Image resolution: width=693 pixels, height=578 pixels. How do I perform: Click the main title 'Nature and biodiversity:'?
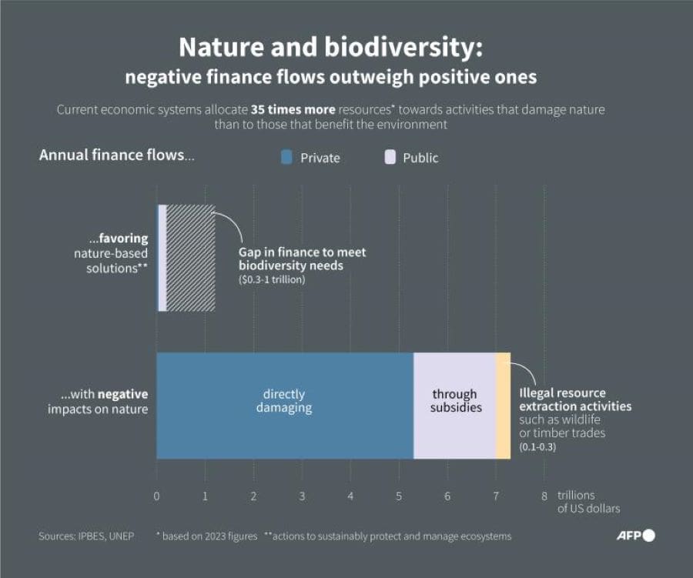point(331,48)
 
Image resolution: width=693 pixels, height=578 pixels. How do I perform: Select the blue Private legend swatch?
point(287,158)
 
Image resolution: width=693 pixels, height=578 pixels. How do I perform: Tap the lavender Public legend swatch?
point(390,158)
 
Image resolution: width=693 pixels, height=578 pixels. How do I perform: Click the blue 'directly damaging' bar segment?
point(285,406)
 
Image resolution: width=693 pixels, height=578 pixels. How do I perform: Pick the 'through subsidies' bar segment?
point(455,406)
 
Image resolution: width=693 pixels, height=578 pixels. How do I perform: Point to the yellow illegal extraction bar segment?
point(503,406)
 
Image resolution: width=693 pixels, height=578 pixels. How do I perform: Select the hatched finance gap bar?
point(190,258)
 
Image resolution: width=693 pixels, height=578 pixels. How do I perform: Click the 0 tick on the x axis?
point(156,496)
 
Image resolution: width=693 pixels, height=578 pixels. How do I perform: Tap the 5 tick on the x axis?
point(399,496)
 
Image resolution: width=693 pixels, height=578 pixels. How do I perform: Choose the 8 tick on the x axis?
point(544,496)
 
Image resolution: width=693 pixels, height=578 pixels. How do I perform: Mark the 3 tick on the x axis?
point(302,496)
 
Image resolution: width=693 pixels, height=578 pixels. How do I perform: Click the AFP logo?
point(635,536)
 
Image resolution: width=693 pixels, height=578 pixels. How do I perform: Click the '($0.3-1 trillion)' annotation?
point(272,279)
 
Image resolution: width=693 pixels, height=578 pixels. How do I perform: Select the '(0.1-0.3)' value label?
point(537,446)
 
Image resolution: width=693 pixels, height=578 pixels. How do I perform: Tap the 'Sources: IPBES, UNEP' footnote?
point(86,536)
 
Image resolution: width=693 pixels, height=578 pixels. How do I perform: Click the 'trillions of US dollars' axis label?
point(588,502)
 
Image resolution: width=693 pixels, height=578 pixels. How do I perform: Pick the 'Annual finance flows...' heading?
point(117,155)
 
